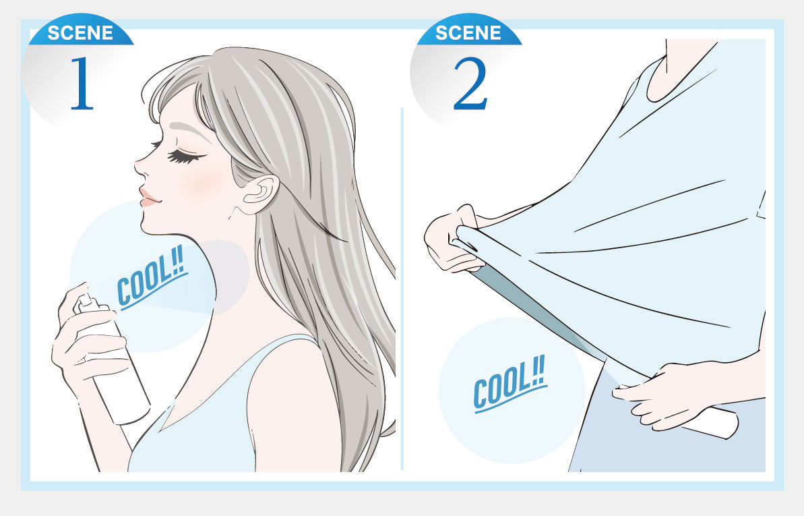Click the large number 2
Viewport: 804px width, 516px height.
tap(470, 83)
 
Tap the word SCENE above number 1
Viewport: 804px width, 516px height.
tap(80, 33)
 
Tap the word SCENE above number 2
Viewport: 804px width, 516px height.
tap(468, 33)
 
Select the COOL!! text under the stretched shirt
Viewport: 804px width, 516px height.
tap(509, 384)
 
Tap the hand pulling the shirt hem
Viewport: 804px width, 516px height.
tap(454, 238)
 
